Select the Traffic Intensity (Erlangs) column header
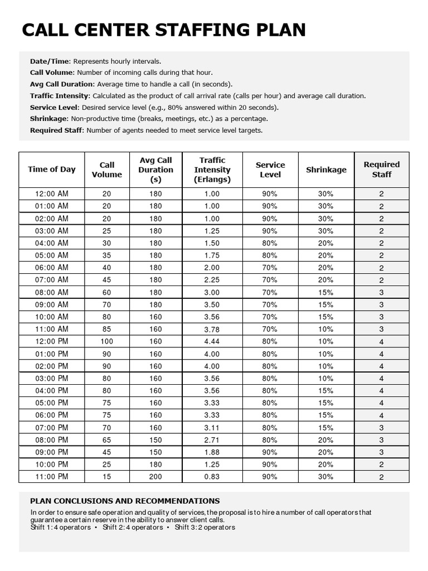[x=212, y=170]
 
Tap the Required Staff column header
[x=381, y=170]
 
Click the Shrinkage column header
[x=326, y=170]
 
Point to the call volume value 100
[x=106, y=341]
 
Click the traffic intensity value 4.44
[x=212, y=341]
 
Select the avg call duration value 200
[x=155, y=477]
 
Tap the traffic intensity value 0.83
[x=212, y=477]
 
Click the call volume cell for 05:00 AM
[x=106, y=255]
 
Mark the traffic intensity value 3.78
[x=212, y=329]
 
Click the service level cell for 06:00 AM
[x=270, y=268]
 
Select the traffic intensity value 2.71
[x=212, y=440]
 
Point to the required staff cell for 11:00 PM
[x=381, y=477]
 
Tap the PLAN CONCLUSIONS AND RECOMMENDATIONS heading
[x=125, y=501]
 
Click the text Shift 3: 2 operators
[x=205, y=528]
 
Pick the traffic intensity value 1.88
[x=212, y=452]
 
